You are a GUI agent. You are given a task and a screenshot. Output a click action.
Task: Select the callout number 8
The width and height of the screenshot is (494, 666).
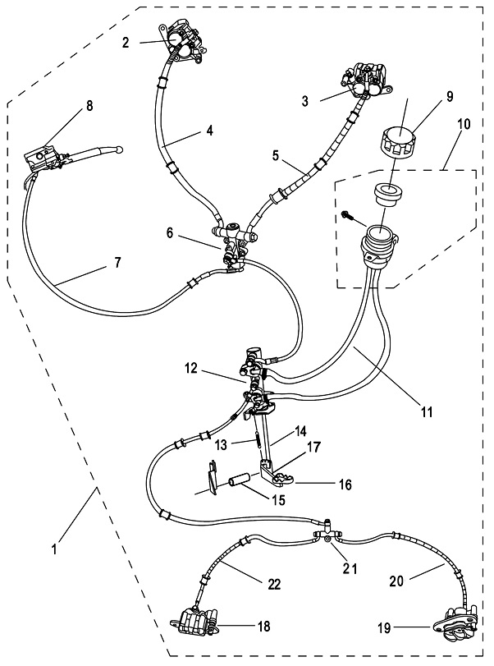pos(89,106)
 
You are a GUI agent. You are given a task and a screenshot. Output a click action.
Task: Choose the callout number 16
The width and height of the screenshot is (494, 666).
pos(345,485)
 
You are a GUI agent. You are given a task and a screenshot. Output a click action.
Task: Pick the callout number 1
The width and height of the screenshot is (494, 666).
pos(55,549)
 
